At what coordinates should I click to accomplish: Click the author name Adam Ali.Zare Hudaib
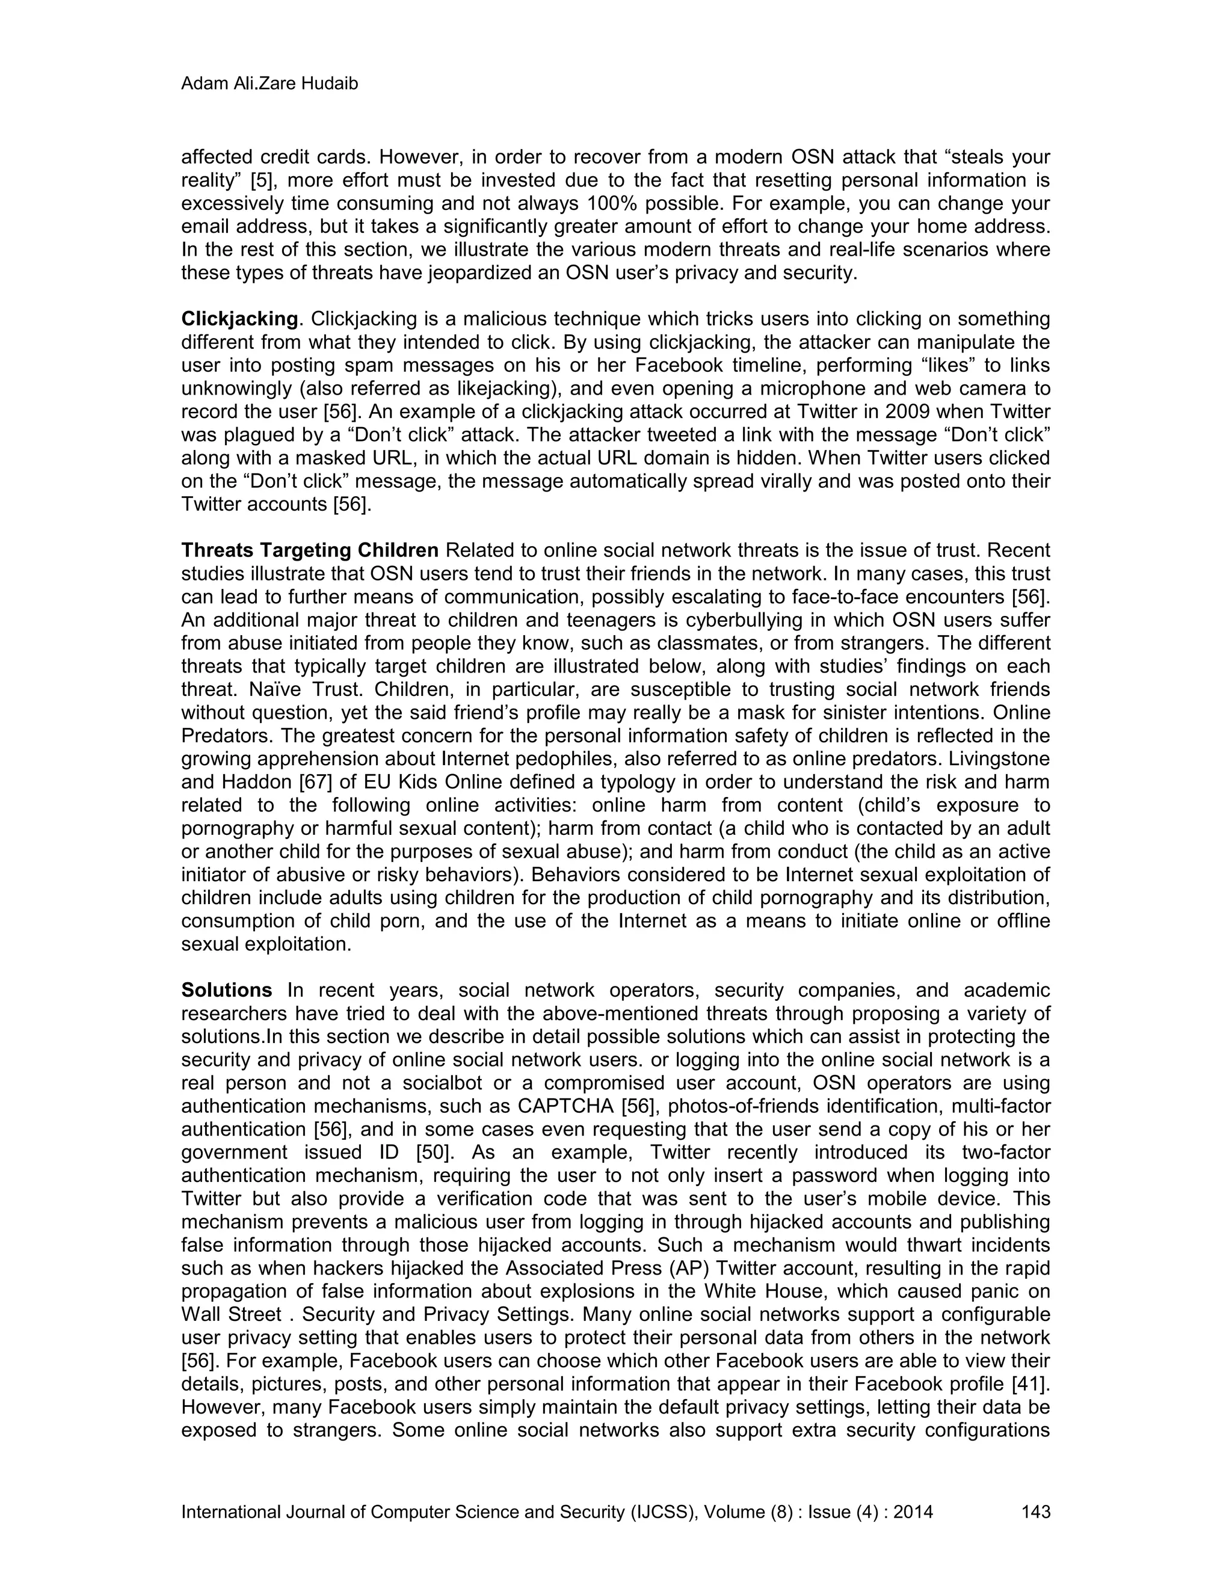point(269,84)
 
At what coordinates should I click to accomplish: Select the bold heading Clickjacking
point(239,319)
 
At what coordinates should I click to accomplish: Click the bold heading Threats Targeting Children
point(309,550)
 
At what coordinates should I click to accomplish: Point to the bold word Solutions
point(226,991)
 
